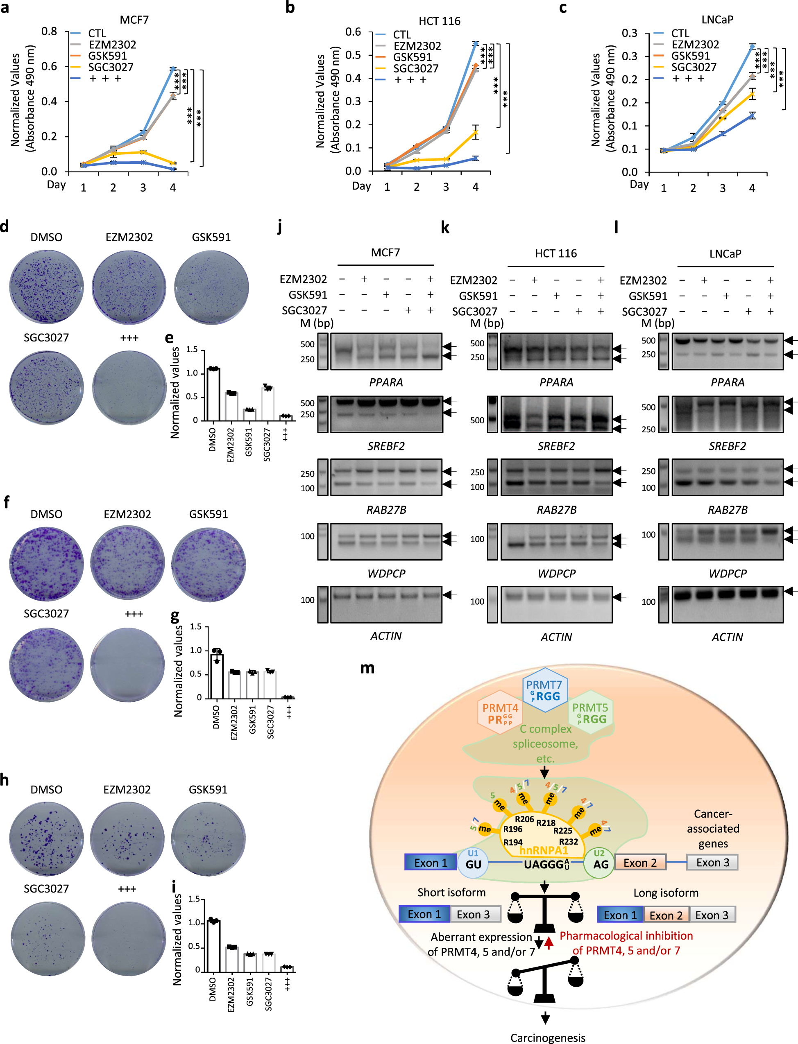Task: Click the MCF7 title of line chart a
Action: (134, 20)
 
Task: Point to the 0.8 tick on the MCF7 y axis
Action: (49, 32)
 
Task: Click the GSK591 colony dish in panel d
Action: (211, 287)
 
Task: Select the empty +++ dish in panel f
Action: (127, 664)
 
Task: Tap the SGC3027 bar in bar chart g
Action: (270, 684)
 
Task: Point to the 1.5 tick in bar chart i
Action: (194, 899)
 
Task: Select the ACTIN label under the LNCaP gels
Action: (727, 637)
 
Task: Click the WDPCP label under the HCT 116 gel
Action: (556, 574)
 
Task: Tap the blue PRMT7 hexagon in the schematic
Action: (544, 690)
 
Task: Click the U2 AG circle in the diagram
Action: (599, 863)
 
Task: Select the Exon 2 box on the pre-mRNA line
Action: (640, 863)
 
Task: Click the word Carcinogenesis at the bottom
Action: (547, 1037)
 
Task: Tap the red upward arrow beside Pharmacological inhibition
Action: (549, 943)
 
